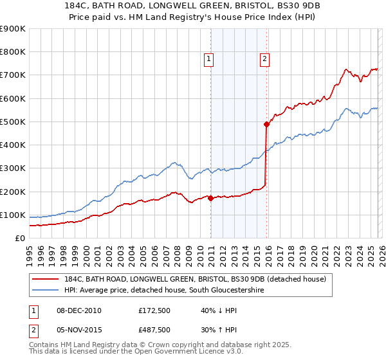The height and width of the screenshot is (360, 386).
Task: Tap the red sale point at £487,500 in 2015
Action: pyautogui.click(x=266, y=124)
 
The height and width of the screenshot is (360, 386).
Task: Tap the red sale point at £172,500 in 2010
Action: pyautogui.click(x=210, y=197)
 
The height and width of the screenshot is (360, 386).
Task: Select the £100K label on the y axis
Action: pyautogui.click(x=13, y=215)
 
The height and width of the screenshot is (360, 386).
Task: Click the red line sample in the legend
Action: pyautogui.click(x=46, y=279)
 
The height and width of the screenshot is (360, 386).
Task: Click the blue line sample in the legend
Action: pyautogui.click(x=46, y=290)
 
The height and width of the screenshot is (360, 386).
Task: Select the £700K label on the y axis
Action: pyautogui.click(x=13, y=75)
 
